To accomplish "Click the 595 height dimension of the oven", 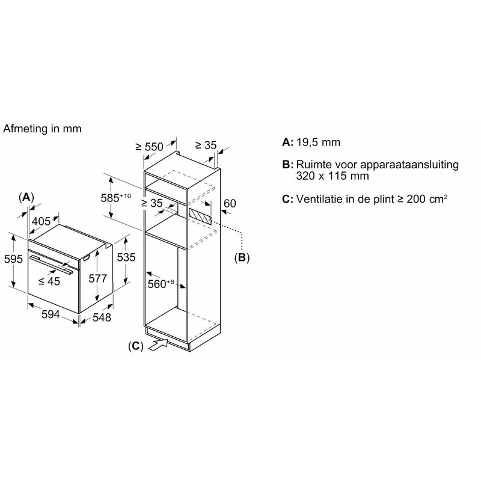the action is [13, 259].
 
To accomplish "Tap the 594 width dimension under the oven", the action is [51, 314].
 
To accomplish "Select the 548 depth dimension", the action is [102, 317].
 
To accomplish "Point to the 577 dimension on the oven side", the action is [98, 278].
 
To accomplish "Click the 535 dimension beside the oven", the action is [126, 257].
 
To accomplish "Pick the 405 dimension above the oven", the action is [41, 221].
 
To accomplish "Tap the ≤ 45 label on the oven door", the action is [49, 281].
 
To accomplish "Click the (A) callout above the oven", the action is [26, 197].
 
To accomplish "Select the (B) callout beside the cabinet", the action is [242, 257].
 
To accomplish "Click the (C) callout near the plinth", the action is [136, 346].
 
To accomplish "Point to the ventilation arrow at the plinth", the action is [158, 344].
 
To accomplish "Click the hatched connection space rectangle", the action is [200, 216].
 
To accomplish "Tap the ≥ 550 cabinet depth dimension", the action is [149, 147].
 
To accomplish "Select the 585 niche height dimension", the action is [116, 198].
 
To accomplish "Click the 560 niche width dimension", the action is [161, 284].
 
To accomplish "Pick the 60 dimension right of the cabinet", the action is [230, 203].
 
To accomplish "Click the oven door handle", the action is [51, 264].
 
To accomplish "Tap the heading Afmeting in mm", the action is [42, 129].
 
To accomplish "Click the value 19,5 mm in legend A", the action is [318, 142].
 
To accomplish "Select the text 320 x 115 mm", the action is [332, 176].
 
